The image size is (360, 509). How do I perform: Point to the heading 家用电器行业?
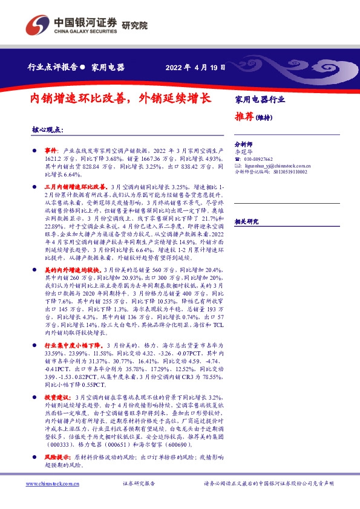(259, 99)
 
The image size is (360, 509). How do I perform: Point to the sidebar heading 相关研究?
(246, 221)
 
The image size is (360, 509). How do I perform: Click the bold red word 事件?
(51, 149)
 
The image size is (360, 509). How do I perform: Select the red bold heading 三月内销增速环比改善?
(76, 188)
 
